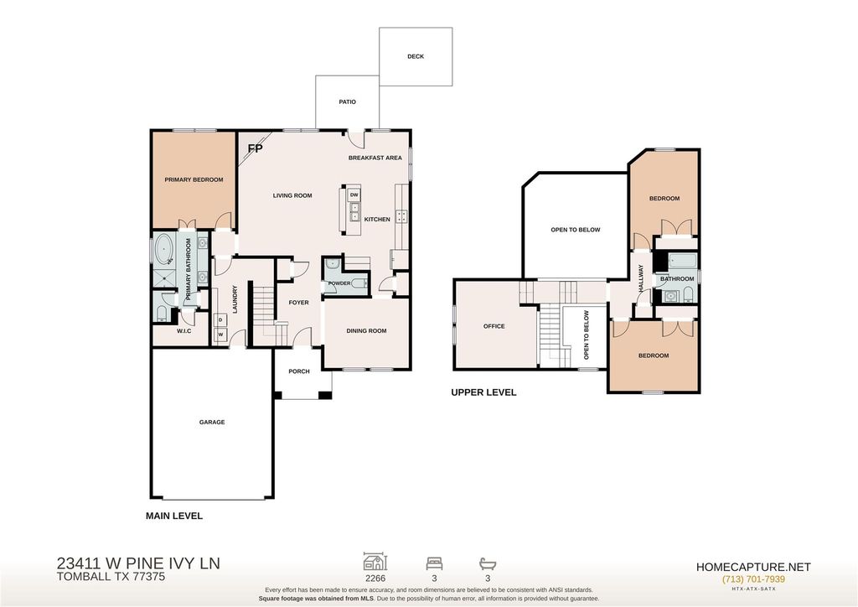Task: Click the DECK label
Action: click(416, 56)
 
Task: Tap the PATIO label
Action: click(347, 101)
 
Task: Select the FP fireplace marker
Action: click(255, 148)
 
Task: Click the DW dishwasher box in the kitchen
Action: click(354, 195)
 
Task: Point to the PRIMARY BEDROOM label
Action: click(194, 179)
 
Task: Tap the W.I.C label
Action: click(183, 332)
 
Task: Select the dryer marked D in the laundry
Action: click(221, 319)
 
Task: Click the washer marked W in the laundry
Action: click(221, 334)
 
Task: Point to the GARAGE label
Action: click(212, 422)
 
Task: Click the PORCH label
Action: click(299, 371)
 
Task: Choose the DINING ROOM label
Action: click(366, 330)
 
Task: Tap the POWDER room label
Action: click(339, 283)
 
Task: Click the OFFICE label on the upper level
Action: click(494, 326)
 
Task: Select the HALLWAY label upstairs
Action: click(640, 278)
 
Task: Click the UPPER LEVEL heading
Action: click(483, 392)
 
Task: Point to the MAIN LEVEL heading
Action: click(174, 516)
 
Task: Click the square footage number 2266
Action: click(375, 578)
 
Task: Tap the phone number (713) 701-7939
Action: click(753, 579)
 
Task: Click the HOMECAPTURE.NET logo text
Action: click(753, 567)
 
